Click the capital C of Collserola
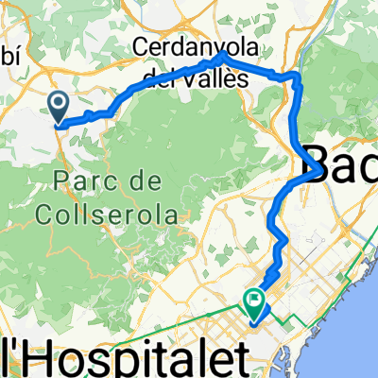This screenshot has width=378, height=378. [47, 215]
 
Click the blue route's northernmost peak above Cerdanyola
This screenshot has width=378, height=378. [223, 56]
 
